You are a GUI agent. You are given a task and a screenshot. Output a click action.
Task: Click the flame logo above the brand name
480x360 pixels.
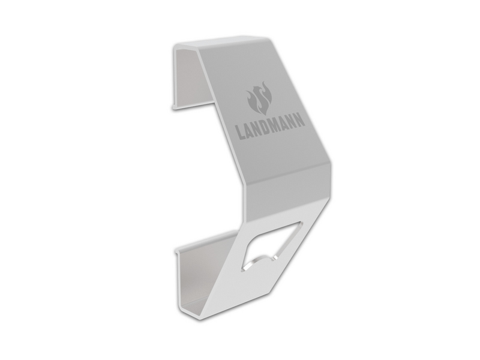point(259,98)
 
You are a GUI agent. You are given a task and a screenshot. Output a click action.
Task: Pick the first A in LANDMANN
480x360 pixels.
point(248,130)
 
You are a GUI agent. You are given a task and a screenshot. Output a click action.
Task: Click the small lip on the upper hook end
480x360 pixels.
point(174,107)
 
